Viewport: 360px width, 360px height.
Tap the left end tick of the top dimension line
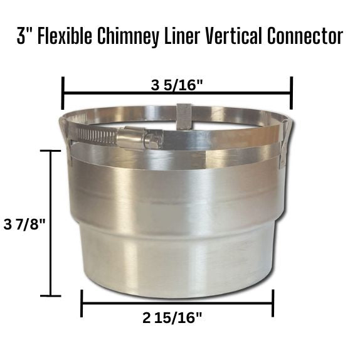(63, 93)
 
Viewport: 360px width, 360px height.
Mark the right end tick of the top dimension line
(292, 93)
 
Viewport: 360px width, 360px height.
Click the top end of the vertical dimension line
(51, 151)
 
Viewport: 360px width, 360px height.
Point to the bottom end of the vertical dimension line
(51, 295)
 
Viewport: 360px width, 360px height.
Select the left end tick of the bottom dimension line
(82, 303)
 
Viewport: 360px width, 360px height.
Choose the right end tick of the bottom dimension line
(273, 303)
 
